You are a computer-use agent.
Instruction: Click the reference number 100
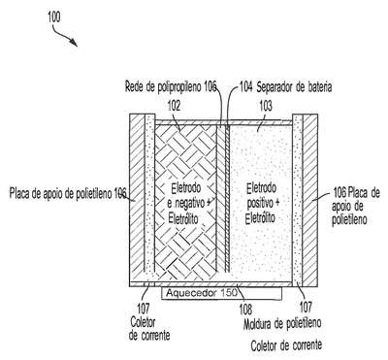coord(54,16)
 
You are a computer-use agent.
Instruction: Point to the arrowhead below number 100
coord(75,43)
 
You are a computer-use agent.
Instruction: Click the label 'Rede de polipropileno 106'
coord(171,87)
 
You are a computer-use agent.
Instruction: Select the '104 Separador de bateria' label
coord(285,87)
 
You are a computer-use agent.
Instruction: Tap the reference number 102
coord(174,106)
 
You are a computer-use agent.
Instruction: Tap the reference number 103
coord(266,106)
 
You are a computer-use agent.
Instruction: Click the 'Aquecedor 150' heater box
coord(221,293)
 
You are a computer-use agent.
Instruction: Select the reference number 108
coord(245,310)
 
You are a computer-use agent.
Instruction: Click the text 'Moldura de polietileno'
coord(282,323)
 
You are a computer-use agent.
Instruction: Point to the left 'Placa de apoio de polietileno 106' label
coord(68,194)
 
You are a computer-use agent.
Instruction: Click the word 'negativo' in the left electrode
coord(190,203)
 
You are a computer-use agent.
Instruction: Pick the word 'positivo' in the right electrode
coord(260,203)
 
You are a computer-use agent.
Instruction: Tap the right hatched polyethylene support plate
coord(310,200)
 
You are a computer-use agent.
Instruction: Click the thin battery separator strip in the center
coord(227,198)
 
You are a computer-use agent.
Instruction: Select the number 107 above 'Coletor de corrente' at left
coord(144,308)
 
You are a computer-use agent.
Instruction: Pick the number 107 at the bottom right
coord(306,307)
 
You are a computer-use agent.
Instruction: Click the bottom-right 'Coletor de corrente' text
coord(286,345)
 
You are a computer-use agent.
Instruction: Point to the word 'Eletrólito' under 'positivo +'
coord(260,218)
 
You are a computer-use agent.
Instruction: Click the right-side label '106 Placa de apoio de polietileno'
coord(355,207)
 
